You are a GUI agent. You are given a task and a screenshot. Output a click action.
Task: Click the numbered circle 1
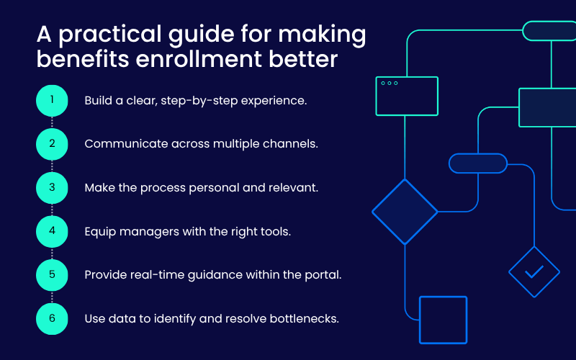(x=52, y=100)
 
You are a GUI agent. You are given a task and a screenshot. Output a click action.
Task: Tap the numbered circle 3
(x=52, y=187)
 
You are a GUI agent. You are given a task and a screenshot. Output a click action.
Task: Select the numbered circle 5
(x=52, y=274)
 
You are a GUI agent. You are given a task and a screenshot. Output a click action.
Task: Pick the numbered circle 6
(x=52, y=318)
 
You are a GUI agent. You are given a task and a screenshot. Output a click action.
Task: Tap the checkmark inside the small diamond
(x=534, y=272)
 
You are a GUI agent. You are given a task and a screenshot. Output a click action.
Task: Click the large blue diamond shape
(x=405, y=212)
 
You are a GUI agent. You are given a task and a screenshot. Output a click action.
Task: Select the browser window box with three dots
(x=407, y=96)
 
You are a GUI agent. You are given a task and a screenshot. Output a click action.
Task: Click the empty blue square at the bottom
(x=443, y=320)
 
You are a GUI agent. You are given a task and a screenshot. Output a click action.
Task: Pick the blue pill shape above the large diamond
(x=478, y=163)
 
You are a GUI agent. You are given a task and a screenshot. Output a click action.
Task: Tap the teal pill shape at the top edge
(x=549, y=30)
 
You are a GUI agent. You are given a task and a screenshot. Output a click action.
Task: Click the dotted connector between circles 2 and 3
(x=52, y=166)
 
